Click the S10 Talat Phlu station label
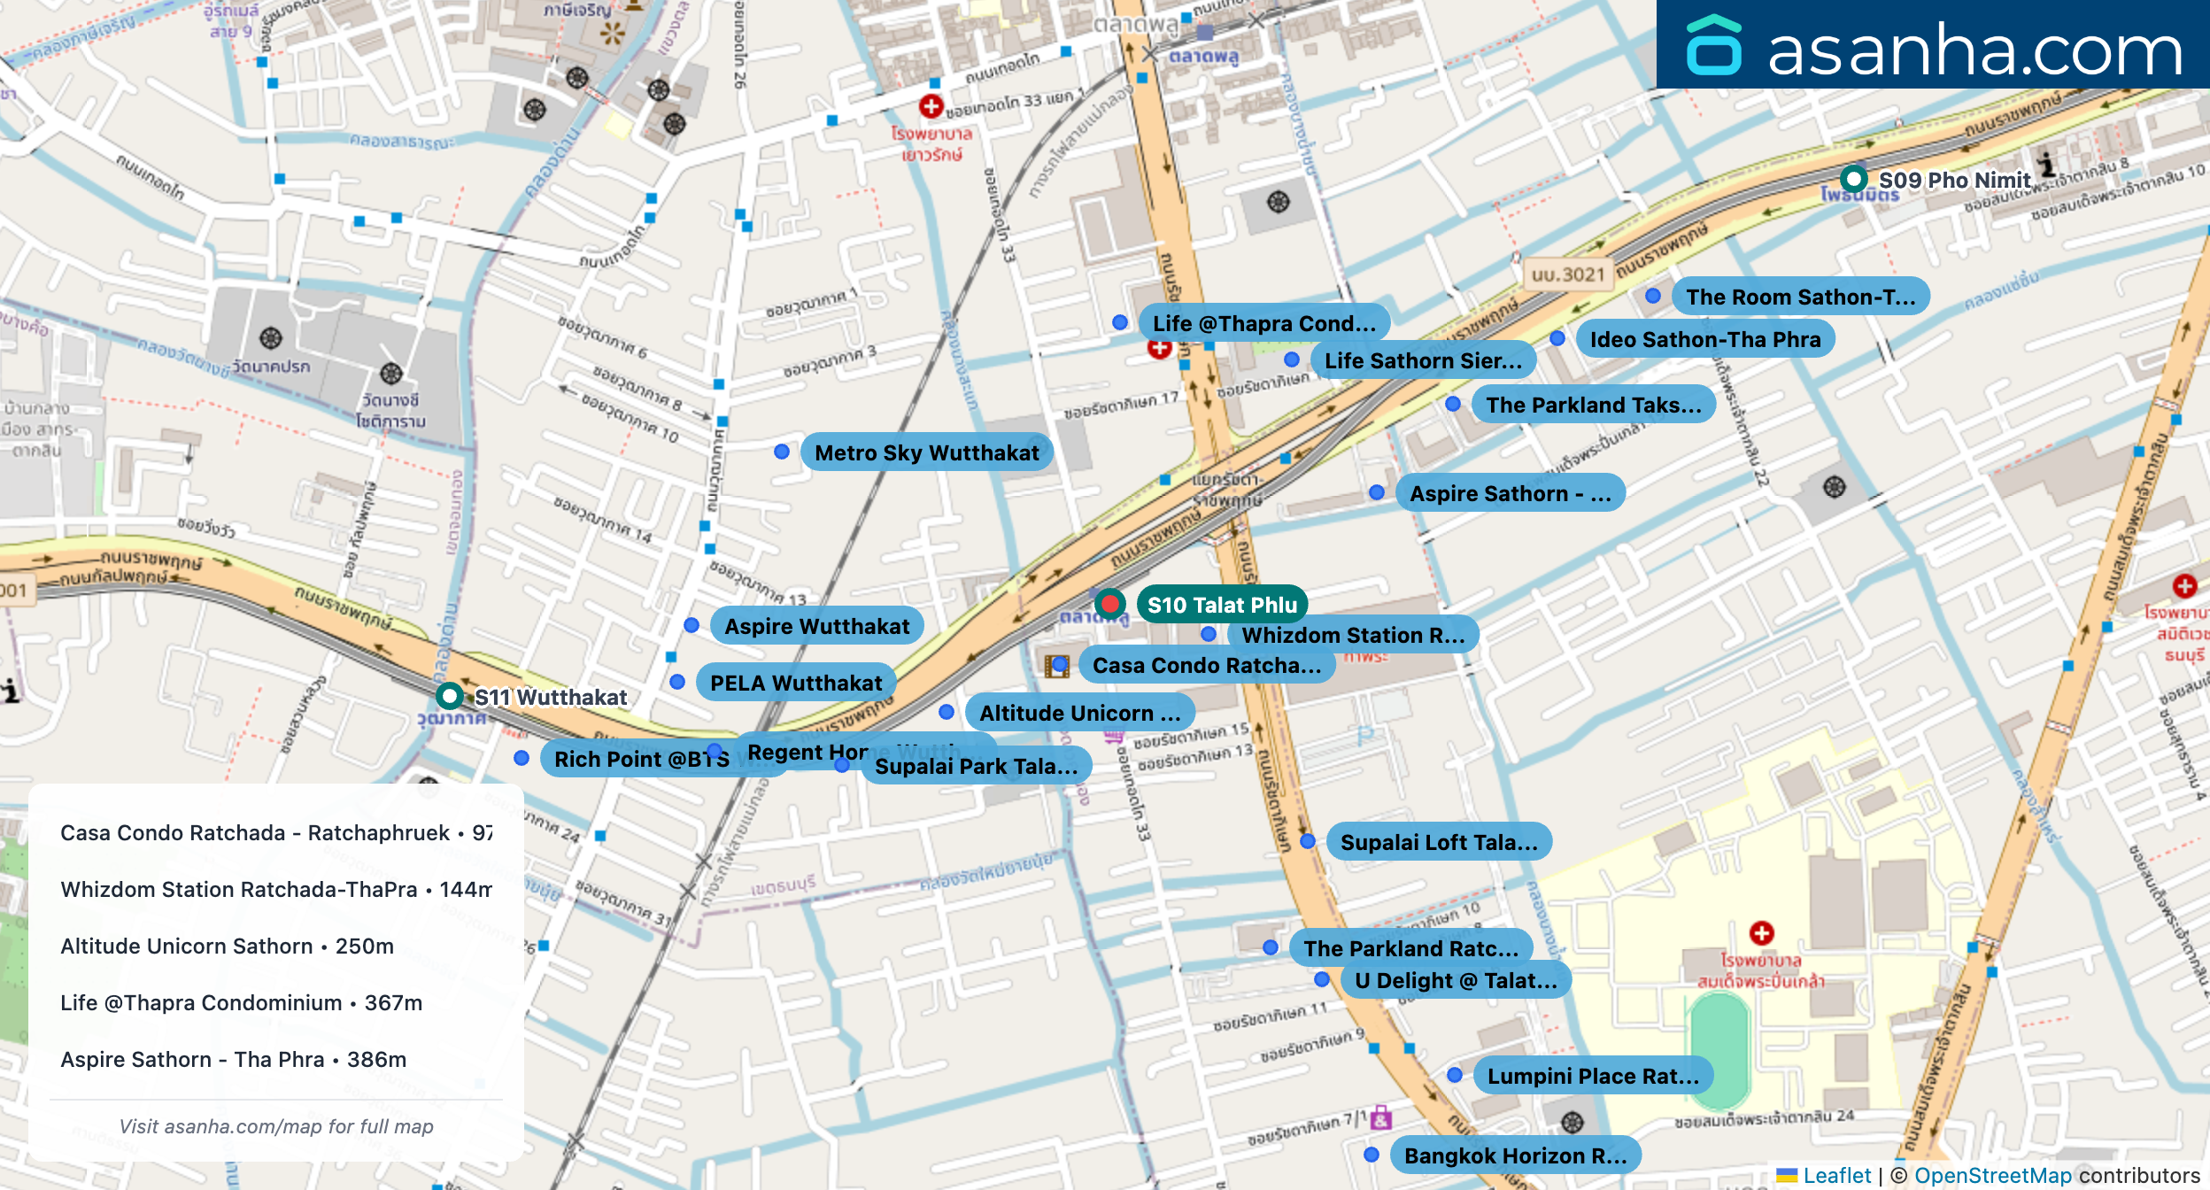click(1222, 605)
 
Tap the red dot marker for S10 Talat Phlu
click(1109, 604)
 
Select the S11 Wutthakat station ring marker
click(450, 696)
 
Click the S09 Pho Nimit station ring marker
click(1853, 179)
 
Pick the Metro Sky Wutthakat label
click(926, 452)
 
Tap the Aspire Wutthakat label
click(816, 626)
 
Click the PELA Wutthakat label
click(796, 683)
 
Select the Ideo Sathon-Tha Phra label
click(1704, 339)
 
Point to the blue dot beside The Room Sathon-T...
click(1653, 296)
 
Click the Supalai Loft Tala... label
click(1438, 842)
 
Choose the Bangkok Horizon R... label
click(1515, 1155)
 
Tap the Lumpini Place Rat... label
click(1592, 1076)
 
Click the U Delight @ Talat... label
click(1455, 980)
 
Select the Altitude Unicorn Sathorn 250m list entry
click(228, 946)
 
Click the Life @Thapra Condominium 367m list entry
click(242, 1002)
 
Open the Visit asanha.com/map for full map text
click(276, 1126)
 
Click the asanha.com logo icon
click(1713, 46)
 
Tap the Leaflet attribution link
click(1836, 1175)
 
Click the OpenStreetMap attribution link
click(1992, 1175)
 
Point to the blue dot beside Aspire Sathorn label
click(1377, 492)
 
